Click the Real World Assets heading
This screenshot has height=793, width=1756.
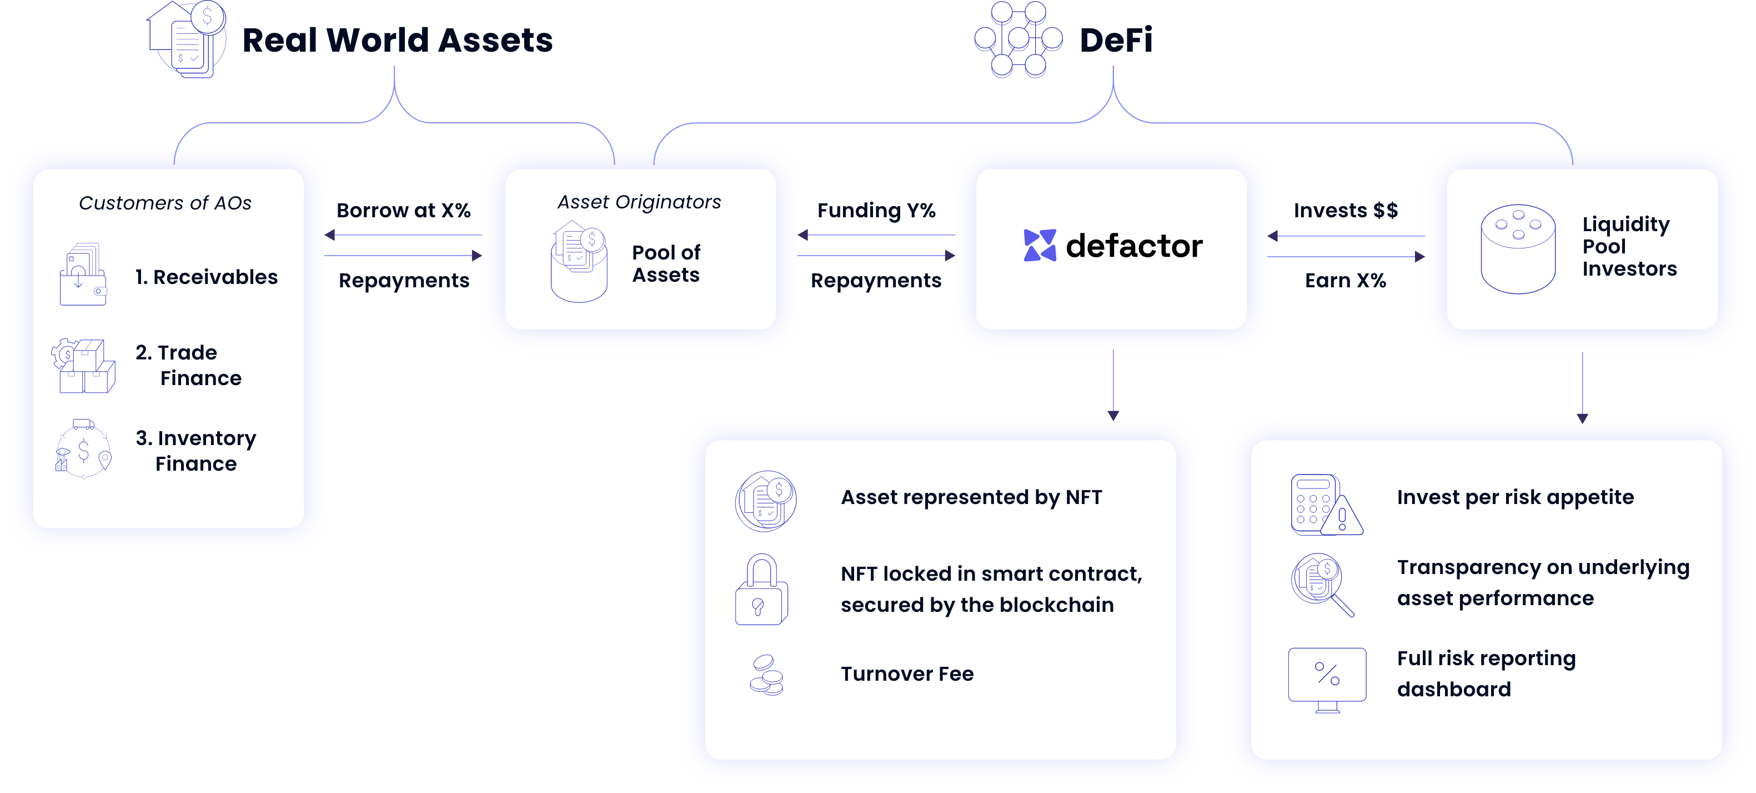point(398,39)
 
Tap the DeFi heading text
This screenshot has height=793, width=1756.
point(1116,39)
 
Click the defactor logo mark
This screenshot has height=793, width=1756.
point(1040,246)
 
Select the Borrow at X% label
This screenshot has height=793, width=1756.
point(404,210)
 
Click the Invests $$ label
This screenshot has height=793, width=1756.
point(1346,210)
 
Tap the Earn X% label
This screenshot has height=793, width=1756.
point(1345,280)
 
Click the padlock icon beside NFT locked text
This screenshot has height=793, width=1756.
point(761,589)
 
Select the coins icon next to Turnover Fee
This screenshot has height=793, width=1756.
point(766,675)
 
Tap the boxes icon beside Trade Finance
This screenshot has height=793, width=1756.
point(83,366)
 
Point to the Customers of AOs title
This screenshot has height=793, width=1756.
point(165,203)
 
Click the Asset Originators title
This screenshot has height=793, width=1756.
point(639,202)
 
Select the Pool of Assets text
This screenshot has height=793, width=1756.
point(666,263)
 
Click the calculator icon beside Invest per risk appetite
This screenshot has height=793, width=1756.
point(1326,505)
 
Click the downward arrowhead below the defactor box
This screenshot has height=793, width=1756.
point(1113,415)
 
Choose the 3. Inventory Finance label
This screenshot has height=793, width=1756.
point(195,450)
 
